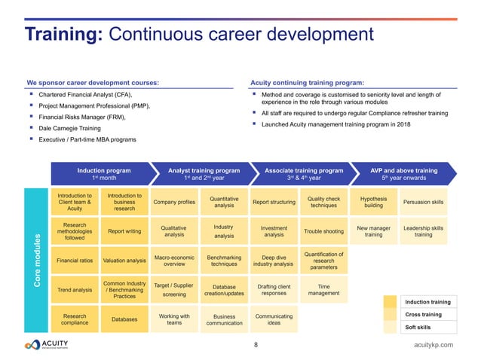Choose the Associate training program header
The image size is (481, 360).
304,174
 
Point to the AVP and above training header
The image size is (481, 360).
404,174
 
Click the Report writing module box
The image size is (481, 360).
124,232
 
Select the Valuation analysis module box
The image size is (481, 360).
124,261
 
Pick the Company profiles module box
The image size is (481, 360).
175,203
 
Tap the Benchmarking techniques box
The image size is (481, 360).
224,261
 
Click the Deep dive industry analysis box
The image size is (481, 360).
274,261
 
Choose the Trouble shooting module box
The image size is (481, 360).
323,232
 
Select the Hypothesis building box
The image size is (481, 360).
374,203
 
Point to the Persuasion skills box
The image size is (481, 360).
424,203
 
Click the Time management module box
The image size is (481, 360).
323,290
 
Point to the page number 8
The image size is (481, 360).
256,345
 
